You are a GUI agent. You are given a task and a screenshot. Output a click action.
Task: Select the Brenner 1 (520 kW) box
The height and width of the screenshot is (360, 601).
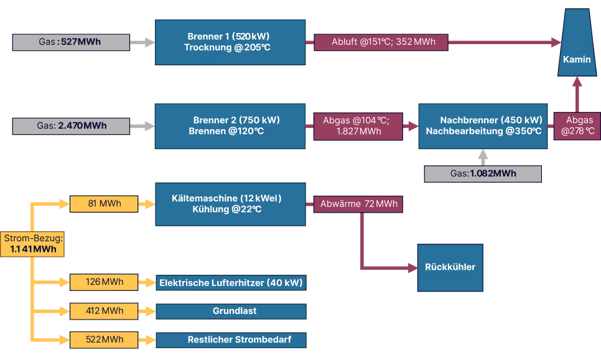tap(230, 42)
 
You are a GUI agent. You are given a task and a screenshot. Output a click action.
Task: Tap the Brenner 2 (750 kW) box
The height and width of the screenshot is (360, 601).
tap(230, 126)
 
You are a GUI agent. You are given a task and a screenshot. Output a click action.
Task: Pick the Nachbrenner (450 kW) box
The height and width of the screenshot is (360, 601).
tap(483, 126)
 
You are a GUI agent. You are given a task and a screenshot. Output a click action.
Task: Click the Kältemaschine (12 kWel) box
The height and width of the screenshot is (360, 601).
tap(230, 204)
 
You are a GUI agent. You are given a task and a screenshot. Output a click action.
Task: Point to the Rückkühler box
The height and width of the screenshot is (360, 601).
tap(450, 267)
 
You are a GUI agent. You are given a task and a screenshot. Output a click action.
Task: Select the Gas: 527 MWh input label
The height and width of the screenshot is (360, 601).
tap(71, 43)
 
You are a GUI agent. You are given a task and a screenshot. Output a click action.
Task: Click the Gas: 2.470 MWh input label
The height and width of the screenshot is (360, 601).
tap(71, 126)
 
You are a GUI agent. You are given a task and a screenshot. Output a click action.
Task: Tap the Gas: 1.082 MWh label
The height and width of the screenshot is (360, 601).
tap(483, 174)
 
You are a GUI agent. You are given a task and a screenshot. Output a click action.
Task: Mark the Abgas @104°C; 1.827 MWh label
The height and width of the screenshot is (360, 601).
tap(360, 126)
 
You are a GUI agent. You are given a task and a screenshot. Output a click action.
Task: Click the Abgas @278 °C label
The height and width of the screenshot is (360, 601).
tap(577, 126)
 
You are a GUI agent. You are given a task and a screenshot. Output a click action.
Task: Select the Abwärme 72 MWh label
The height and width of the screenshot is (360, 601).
tap(358, 204)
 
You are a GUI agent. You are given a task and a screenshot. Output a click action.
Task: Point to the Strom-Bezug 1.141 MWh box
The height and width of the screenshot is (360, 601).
tap(34, 244)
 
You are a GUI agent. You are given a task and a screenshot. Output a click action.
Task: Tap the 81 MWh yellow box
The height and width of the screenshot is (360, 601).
tap(103, 204)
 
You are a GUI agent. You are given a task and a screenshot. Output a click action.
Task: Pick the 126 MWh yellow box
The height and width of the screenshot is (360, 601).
tap(103, 282)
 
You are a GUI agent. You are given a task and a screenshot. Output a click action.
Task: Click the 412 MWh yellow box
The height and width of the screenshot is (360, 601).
tap(103, 311)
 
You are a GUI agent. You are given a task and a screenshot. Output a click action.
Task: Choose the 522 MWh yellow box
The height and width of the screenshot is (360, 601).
tap(103, 339)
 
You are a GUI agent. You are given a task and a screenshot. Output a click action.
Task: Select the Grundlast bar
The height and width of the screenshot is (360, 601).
tap(231, 311)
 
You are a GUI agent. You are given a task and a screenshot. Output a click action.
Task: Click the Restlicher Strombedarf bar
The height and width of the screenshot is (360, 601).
tap(231, 340)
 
